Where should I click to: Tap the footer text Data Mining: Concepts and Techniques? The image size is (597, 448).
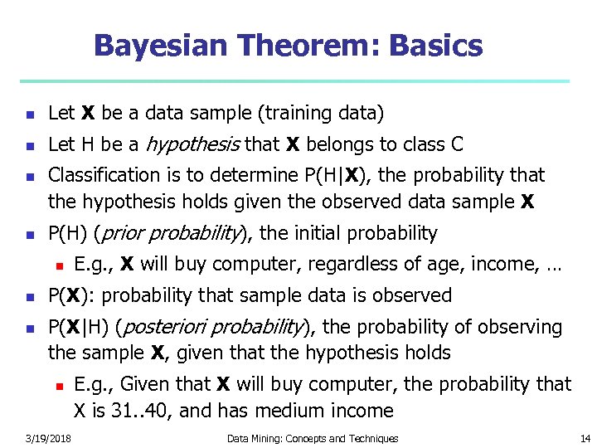313,438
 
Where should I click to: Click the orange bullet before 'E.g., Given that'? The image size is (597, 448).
59,385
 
